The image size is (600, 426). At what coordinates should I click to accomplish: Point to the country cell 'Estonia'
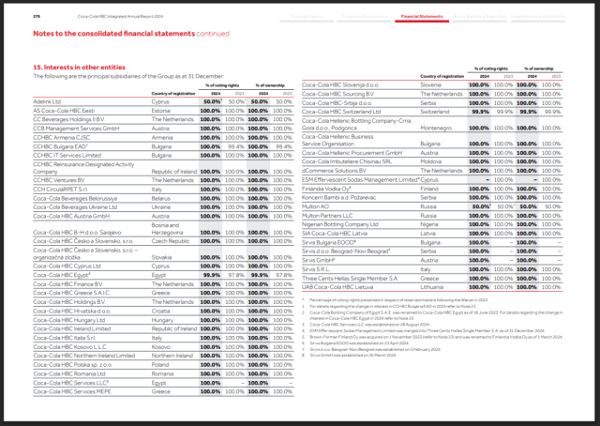coord(162,110)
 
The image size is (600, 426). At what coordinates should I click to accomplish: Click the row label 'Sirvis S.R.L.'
coord(320,268)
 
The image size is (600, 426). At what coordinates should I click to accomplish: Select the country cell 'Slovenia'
coord(434,84)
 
